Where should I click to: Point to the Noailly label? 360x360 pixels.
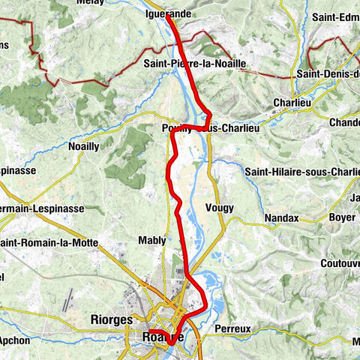click(83, 146)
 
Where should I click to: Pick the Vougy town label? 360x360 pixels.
click(223, 208)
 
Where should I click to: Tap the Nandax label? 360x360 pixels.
click(281, 218)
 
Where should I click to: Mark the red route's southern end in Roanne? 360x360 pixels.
click(150, 331)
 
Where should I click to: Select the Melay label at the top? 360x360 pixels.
click(91, 2)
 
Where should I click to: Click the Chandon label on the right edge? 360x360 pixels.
click(344, 121)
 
